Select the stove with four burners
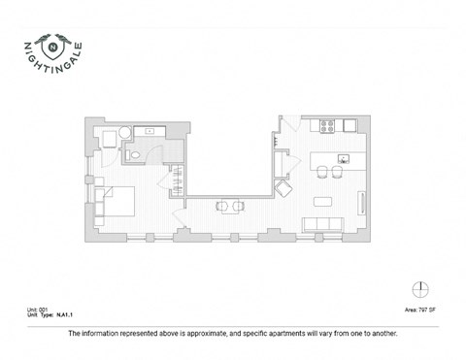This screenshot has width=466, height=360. pos(326,125)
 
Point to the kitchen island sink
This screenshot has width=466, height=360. pos(342,158)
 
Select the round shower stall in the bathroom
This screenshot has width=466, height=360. pos(124,135)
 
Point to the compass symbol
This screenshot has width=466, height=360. pos(419,288)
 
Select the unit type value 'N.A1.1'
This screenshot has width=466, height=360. pos(65,316)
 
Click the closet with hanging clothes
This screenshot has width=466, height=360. pos(179,180)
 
